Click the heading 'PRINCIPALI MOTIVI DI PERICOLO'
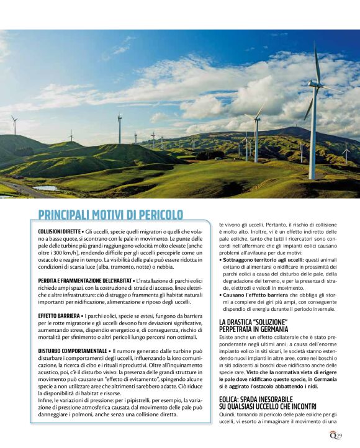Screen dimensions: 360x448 (110, 215)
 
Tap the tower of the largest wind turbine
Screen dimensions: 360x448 (313, 137)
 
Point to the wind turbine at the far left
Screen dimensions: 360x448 (14, 123)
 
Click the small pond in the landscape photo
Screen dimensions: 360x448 (45, 188)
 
